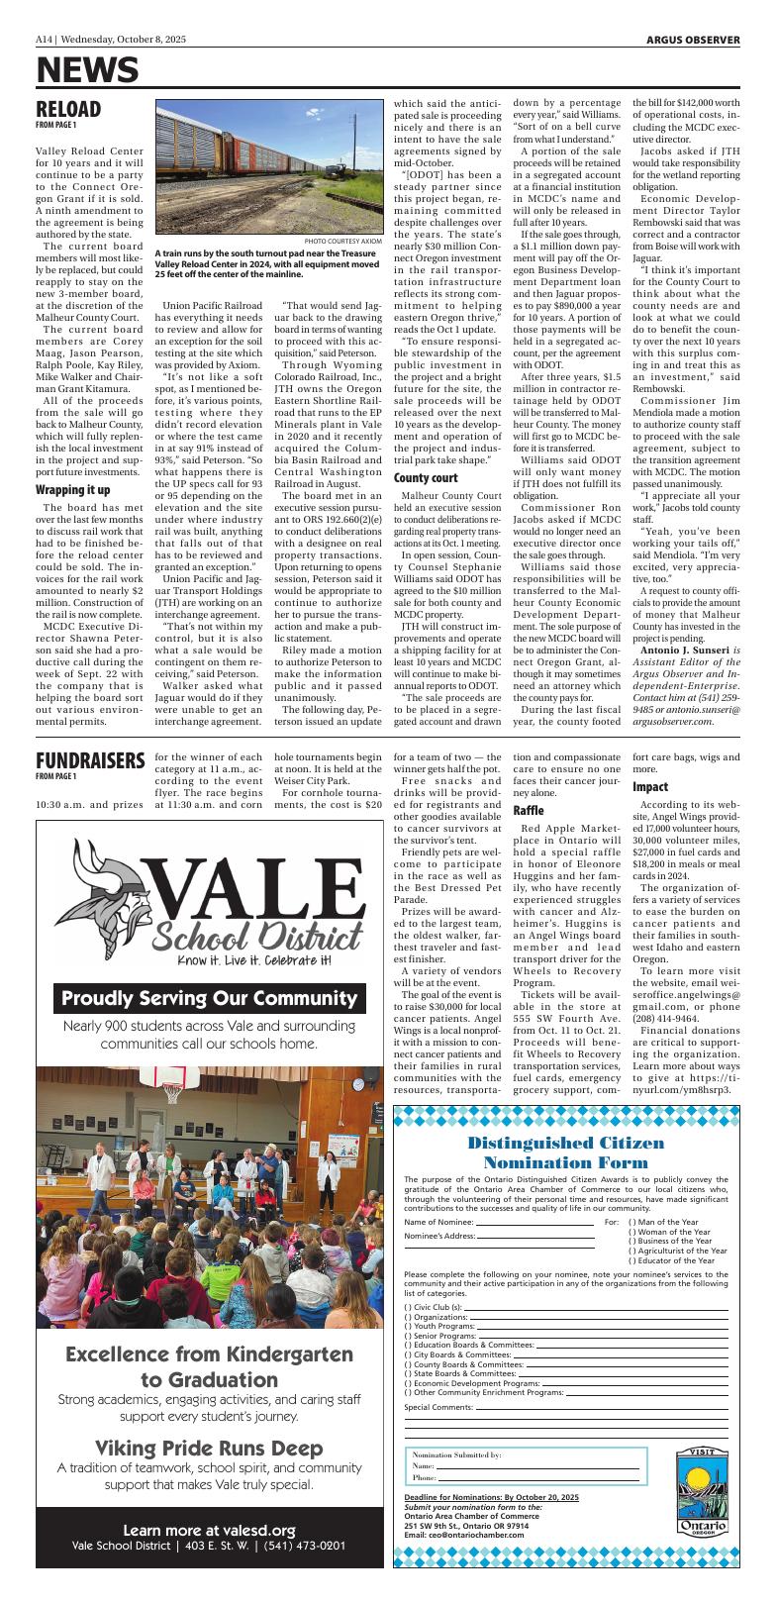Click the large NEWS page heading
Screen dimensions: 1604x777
click(x=87, y=70)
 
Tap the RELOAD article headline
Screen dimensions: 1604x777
click(x=68, y=108)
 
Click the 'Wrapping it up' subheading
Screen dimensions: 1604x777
click(x=73, y=490)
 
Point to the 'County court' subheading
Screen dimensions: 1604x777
click(x=425, y=478)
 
